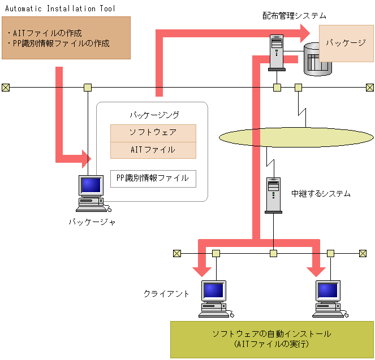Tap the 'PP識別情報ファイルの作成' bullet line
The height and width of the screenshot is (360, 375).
point(59,43)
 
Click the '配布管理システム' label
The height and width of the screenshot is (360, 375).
point(294,16)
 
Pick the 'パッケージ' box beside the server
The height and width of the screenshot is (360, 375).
point(346,43)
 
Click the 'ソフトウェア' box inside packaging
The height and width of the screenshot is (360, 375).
point(153,133)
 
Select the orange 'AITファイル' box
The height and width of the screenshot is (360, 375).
point(153,150)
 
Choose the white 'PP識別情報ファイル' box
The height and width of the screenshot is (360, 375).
point(153,179)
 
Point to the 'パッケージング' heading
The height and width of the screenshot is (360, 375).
point(154,115)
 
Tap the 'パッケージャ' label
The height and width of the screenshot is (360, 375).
point(92,222)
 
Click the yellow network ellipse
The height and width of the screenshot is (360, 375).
point(295,137)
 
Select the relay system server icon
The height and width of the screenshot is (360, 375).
point(274,194)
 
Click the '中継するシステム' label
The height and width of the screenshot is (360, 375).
point(321,193)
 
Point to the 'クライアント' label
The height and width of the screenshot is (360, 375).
point(166,293)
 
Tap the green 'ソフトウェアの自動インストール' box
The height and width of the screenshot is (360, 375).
point(271,339)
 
